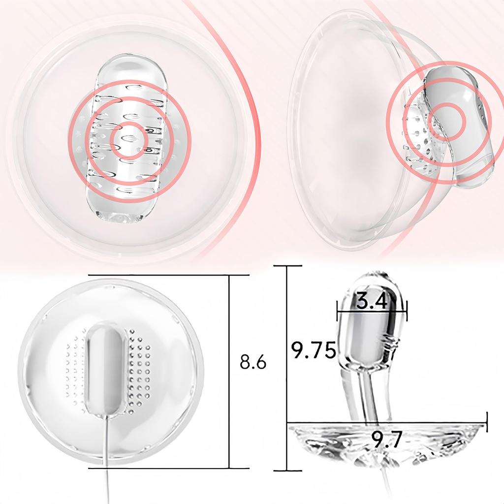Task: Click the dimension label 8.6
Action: point(253,362)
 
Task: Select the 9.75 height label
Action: point(314,350)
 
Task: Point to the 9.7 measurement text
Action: point(387,439)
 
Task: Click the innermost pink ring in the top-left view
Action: point(128,140)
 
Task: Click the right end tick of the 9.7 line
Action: point(486,422)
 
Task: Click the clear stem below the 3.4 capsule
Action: point(366,394)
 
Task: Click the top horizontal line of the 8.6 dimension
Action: point(157,275)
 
